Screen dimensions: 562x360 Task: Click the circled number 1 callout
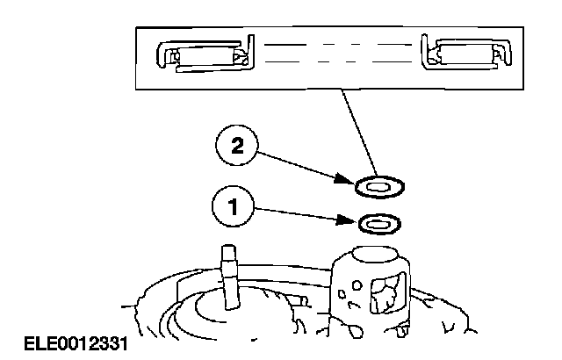[x=232, y=207]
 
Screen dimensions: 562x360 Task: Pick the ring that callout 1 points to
[x=378, y=223]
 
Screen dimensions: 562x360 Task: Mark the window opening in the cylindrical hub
[x=386, y=294]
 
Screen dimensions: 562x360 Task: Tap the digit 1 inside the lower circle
[x=232, y=207]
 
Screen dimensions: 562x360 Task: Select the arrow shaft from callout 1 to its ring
[x=303, y=213]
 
